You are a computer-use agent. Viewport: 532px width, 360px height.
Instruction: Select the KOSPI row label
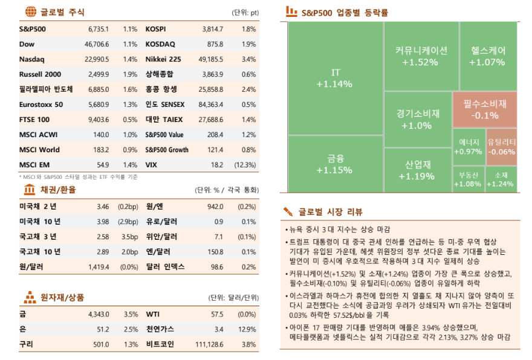point(155,29)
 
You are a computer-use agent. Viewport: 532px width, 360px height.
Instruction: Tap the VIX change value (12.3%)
point(245,164)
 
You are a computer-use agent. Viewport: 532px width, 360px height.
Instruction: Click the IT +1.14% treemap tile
point(335,79)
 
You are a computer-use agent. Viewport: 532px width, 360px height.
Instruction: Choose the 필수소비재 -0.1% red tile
point(485,110)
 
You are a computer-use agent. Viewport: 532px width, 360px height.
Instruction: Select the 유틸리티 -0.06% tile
point(501,147)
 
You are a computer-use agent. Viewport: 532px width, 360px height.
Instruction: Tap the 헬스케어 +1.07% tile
point(487,56)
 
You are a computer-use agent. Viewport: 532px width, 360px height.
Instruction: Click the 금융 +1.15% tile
point(335,164)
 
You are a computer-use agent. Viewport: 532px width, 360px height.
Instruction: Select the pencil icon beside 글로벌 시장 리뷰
point(289,211)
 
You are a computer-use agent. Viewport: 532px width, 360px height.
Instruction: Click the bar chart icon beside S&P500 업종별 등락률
point(291,11)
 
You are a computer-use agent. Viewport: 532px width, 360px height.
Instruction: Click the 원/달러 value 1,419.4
point(98,266)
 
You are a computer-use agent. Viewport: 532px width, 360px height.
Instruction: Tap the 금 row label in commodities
point(22,314)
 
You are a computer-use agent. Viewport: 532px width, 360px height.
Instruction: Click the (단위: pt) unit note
point(245,12)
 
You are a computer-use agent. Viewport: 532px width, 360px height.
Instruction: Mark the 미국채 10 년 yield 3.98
point(102,221)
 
